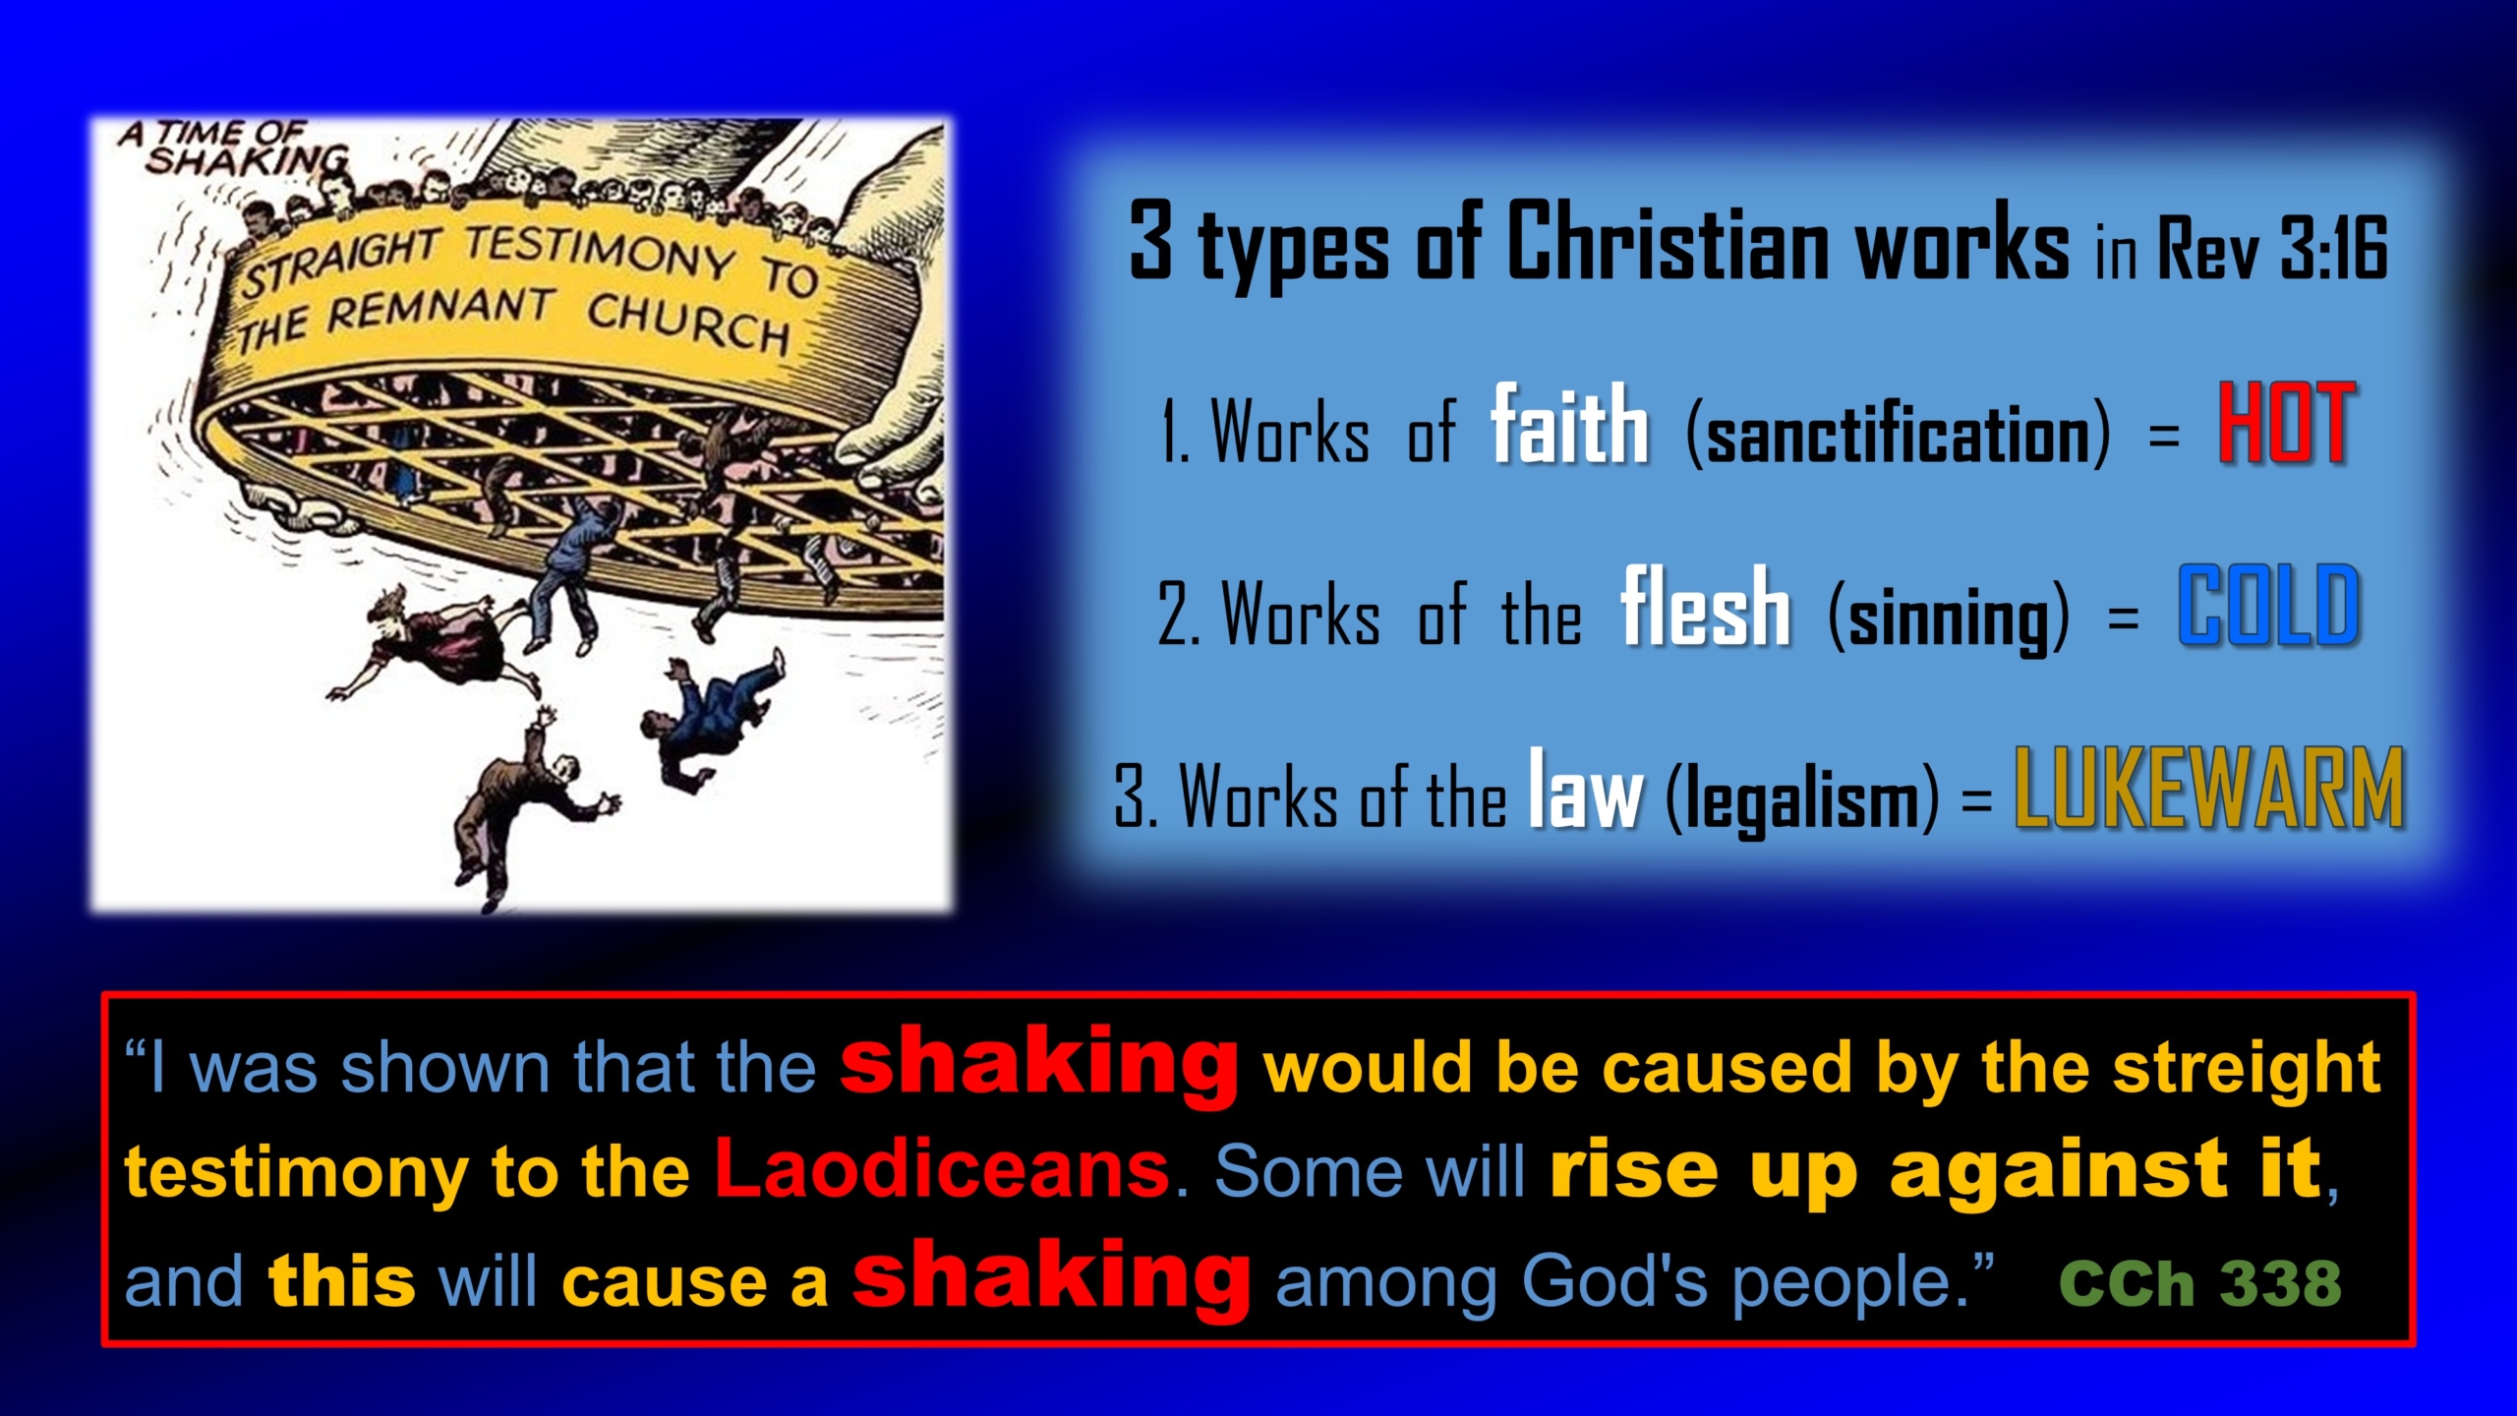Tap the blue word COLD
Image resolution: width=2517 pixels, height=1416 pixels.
2268,606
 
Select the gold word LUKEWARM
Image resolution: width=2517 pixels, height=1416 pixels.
2209,789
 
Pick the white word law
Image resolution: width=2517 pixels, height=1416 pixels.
1585,789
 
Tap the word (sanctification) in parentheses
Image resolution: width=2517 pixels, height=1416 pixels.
1898,433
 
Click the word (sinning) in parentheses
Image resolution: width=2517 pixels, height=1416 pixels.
1949,618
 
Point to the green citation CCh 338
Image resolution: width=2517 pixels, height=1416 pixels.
2200,1282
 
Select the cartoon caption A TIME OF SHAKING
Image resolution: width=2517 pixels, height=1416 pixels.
234,147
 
